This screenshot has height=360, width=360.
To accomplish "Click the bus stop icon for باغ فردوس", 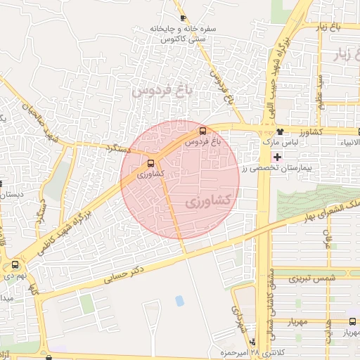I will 203,131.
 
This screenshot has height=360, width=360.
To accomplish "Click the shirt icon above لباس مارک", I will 281,131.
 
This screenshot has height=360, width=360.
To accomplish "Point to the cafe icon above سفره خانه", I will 183,18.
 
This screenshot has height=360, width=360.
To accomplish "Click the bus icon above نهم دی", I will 15,265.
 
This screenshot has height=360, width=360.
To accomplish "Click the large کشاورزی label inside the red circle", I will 209,201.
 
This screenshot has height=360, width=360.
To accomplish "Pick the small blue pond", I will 179,301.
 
